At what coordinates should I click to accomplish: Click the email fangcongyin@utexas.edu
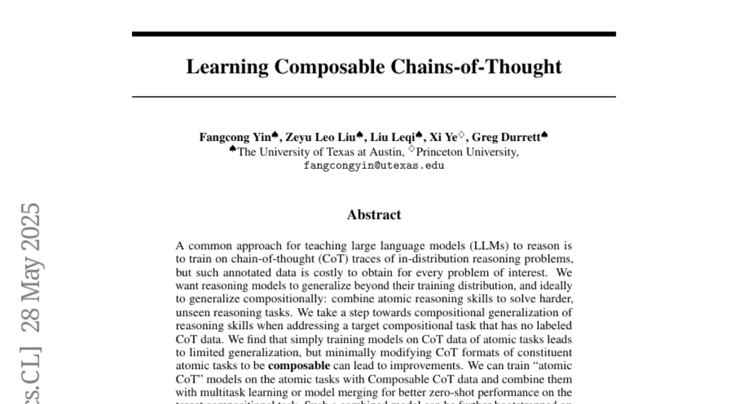(373, 166)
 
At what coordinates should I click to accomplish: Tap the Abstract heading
(373, 215)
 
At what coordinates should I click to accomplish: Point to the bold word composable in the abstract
(299, 366)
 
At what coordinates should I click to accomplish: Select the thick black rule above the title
(373, 34)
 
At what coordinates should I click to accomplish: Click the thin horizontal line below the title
(373, 97)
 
